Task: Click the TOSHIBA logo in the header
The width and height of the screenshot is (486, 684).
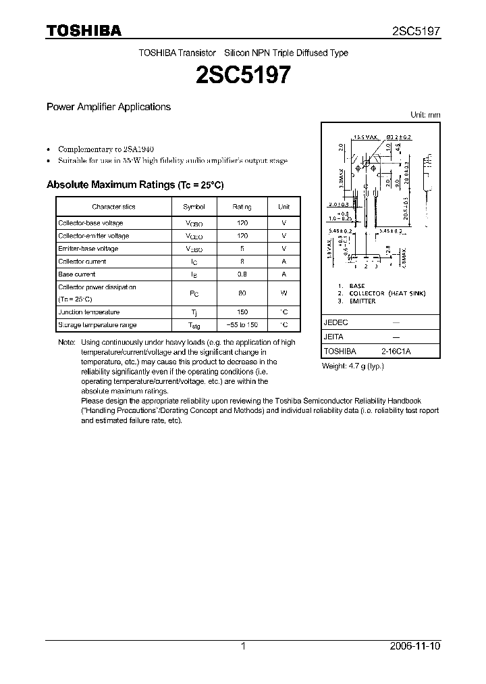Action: pos(84,30)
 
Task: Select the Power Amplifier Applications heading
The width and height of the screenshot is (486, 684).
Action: pos(108,107)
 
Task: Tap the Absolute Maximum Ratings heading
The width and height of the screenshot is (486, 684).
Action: pos(134,185)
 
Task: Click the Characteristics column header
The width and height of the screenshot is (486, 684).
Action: pos(113,207)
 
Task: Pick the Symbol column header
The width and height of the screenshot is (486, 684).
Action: pos(194,207)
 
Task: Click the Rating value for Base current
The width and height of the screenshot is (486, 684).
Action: pos(242,274)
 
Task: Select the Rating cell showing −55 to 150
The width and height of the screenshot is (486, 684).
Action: pos(242,325)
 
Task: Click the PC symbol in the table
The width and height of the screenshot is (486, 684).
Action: pos(194,293)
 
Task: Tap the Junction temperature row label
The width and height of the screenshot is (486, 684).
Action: pos(88,312)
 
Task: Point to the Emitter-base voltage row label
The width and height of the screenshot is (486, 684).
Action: pos(88,249)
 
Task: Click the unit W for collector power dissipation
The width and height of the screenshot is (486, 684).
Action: pos(284,293)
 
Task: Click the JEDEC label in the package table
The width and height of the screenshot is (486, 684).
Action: pos(336,323)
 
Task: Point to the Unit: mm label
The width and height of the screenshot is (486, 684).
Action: pos(425,115)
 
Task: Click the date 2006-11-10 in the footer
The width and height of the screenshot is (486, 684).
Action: pos(415,646)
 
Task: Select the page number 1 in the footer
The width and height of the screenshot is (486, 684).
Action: pos(243,646)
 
